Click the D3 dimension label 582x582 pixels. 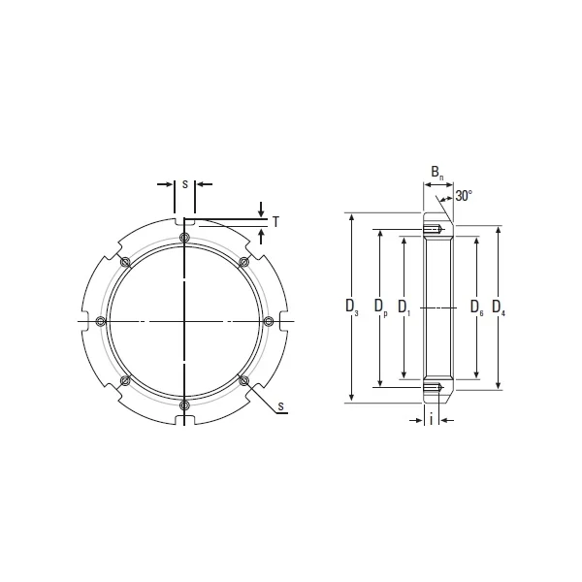[352, 308]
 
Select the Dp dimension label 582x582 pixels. [379, 308]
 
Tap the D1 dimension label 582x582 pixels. [404, 308]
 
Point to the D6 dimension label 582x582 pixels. [476, 308]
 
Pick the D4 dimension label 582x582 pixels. [498, 308]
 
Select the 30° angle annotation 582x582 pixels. [464, 196]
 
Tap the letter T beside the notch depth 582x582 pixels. [275, 222]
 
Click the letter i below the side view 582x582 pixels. [431, 419]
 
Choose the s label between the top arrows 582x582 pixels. [184, 181]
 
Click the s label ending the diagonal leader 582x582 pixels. [280, 405]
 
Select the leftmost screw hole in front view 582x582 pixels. [102, 321]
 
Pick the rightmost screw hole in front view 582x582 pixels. [268, 321]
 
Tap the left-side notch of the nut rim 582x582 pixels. [81, 321]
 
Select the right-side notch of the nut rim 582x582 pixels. [287, 321]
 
